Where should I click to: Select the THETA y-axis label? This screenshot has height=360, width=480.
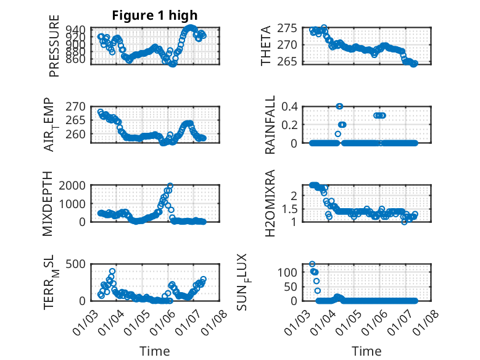pos(266,46)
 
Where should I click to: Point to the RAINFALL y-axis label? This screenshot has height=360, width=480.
pos(270,125)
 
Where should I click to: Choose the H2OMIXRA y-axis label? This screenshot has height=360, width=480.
pos(270,203)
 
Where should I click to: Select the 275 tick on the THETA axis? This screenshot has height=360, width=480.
pos(289,28)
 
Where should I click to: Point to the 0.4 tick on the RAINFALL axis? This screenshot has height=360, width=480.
pos(291,106)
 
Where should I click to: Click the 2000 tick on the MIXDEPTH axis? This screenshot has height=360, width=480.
pos(74,185)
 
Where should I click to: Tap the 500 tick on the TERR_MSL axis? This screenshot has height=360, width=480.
pos(77,264)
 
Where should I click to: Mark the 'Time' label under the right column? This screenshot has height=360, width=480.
pos(366,351)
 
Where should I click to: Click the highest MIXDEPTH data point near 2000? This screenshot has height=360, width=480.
pos(170,186)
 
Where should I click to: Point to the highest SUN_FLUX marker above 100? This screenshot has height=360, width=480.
pos(312,264)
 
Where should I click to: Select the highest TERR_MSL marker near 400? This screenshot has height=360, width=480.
pos(112,272)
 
